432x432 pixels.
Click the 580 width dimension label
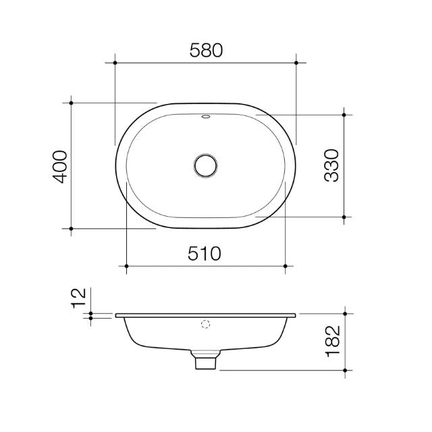(x=206, y=50)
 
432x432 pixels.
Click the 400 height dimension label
(x=60, y=167)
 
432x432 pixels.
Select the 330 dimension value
(x=331, y=166)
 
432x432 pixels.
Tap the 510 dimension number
(x=206, y=254)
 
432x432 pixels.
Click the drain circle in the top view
(x=205, y=165)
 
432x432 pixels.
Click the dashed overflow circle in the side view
(x=206, y=323)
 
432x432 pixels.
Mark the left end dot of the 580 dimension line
(x=115, y=63)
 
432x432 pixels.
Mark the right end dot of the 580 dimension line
(x=296, y=63)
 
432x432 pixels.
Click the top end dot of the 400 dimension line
(x=71, y=103)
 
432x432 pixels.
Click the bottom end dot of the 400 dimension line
(x=71, y=229)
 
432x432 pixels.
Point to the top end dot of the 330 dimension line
(x=344, y=115)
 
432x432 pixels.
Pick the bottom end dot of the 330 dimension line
(x=344, y=217)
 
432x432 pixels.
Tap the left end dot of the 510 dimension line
(x=126, y=266)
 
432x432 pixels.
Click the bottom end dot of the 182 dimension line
(x=344, y=370)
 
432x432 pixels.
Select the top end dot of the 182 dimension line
(x=344, y=314)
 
